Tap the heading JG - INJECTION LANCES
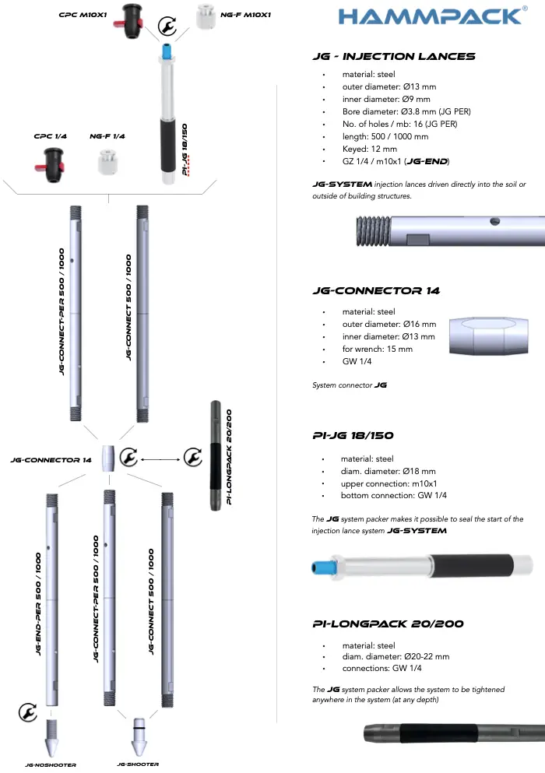pyautogui.click(x=393, y=57)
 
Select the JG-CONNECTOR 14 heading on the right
pyautogui.click(x=376, y=291)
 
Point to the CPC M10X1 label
pyautogui.click(x=83, y=15)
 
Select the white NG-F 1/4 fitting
pyautogui.click(x=107, y=162)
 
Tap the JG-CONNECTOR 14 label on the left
pyautogui.click(x=51, y=459)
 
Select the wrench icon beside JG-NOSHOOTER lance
pyautogui.click(x=27, y=712)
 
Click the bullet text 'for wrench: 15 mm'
pyautogui.click(x=377, y=350)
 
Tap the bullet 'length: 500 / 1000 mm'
pyautogui.click(x=385, y=136)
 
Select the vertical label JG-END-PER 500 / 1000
pyautogui.click(x=38, y=603)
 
